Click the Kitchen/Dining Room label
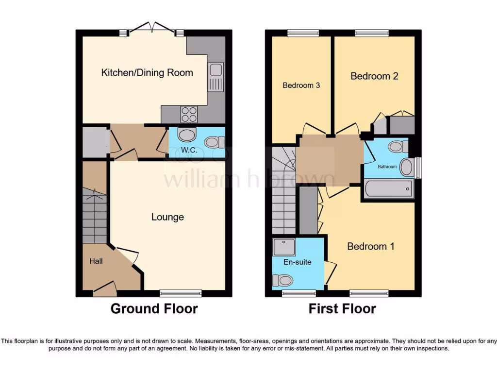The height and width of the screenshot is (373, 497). coord(147,73)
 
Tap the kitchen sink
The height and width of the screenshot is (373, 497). coord(215,77)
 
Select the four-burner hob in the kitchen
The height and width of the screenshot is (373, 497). coord(189,114)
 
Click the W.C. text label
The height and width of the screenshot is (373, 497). coord(189,150)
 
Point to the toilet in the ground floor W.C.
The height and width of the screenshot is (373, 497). coord(214,142)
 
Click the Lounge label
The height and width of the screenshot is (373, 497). coord(167,217)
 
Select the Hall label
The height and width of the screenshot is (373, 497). coord(96,261)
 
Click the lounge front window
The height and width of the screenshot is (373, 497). coord(181,293)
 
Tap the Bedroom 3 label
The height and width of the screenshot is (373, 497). coord(301,85)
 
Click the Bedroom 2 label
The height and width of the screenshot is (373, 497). coord(374,76)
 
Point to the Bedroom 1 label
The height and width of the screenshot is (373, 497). coord(371,246)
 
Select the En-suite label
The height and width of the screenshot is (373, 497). coord(297,262)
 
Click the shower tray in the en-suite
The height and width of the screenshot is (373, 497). coord(284,247)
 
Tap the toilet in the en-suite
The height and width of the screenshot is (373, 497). coord(283,280)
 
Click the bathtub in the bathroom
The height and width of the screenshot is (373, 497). coord(389,189)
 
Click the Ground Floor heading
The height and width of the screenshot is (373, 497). coord(154,308)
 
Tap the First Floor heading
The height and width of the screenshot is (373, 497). coord(342,308)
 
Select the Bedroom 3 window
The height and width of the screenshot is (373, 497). coord(303,33)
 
